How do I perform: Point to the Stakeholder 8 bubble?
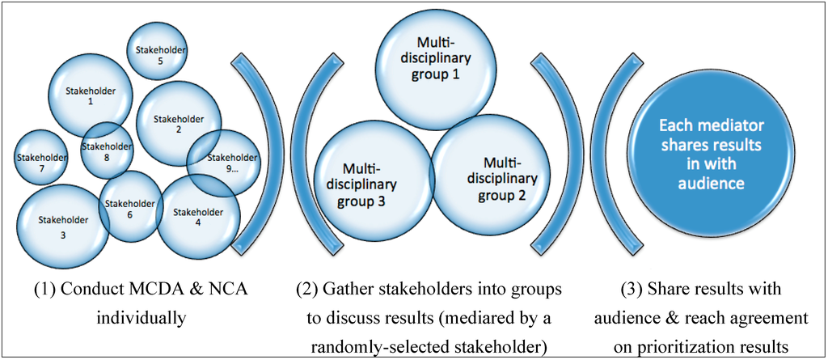(x=107, y=151)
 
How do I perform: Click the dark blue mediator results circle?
(x=712, y=155)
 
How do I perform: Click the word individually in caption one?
(x=141, y=317)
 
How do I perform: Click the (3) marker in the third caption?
(x=634, y=290)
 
